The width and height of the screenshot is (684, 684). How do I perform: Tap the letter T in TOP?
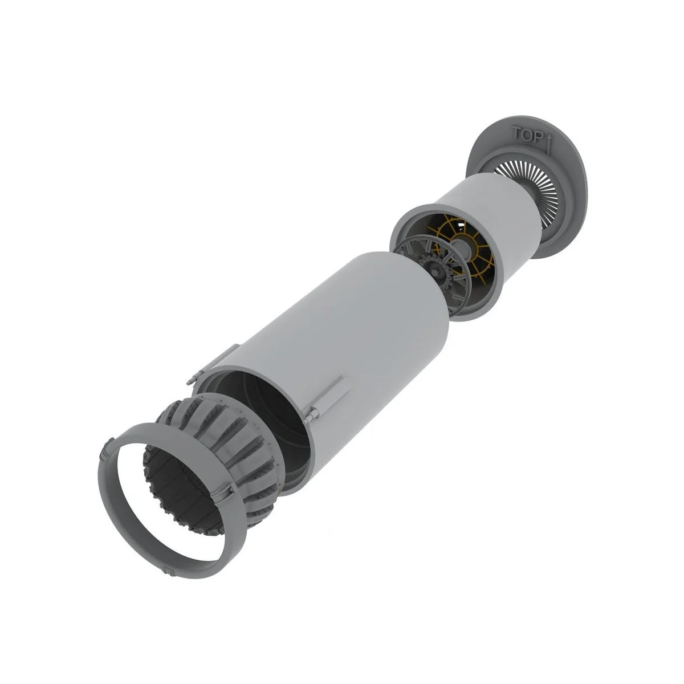click(x=516, y=132)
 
